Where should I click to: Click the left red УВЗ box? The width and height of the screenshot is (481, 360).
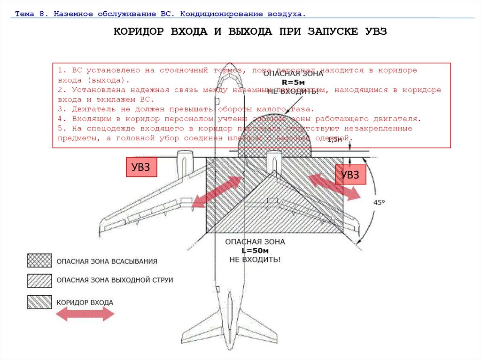[x=141, y=168]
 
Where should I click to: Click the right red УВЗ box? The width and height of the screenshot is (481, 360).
[x=349, y=175]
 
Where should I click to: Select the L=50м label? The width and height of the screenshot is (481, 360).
[x=255, y=251]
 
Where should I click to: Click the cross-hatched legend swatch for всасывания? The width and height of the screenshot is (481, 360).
[x=39, y=261]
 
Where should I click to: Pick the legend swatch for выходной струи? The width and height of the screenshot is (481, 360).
[x=39, y=280]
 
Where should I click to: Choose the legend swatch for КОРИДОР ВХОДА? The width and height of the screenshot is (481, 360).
[x=39, y=302]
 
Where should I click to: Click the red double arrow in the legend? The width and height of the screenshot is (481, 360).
[x=85, y=315]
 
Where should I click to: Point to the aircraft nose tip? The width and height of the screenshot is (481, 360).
[x=229, y=63]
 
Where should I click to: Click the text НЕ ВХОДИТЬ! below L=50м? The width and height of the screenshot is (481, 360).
[x=255, y=259]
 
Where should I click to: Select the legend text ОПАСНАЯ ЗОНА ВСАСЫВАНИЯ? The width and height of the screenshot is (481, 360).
[x=107, y=261]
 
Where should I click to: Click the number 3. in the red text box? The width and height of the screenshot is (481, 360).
[x=61, y=109]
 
